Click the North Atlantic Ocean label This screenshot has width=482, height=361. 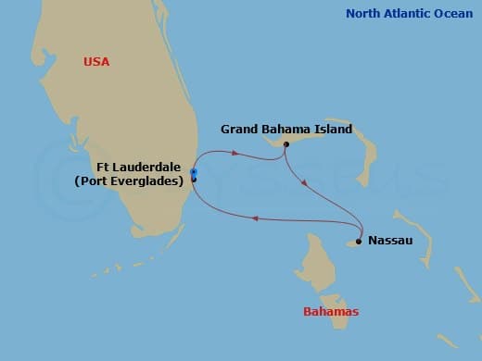pos(409,14)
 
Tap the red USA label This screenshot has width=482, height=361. pos(96,62)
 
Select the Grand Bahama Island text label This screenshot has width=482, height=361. pos(286,130)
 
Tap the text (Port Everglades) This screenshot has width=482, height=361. pos(129,181)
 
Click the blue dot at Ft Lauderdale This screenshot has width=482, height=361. pos(194,172)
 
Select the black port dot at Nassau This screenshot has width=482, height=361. pos(358,241)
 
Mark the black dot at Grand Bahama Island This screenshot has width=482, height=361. pos(286,144)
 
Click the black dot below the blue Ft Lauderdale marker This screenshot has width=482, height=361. pos(194,180)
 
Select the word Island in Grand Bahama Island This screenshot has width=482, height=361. pos(333,130)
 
